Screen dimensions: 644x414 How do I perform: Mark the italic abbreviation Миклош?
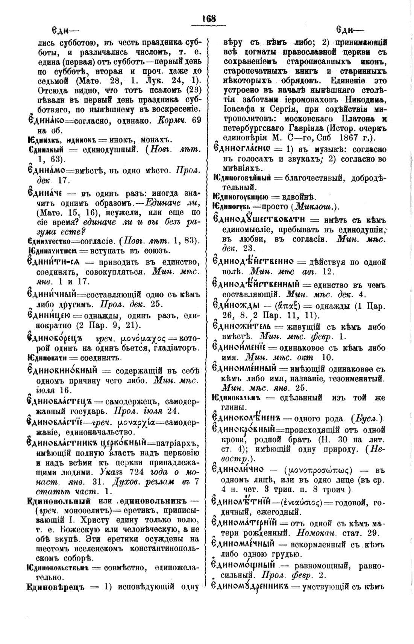click(315, 207)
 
